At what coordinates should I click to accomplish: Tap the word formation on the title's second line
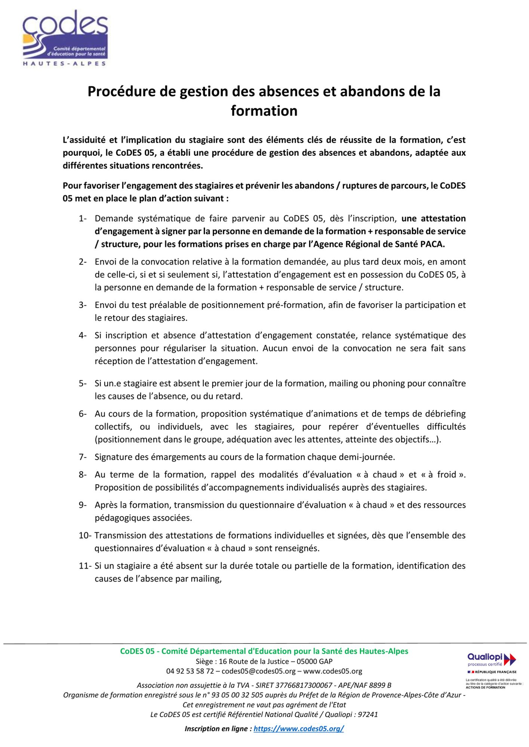click(x=264, y=111)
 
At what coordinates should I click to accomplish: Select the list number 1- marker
click(x=83, y=218)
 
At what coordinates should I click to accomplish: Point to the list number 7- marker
click(x=83, y=457)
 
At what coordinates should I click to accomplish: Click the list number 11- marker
click(x=84, y=566)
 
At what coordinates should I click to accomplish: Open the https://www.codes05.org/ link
click(x=299, y=729)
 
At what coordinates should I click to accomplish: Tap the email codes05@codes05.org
click(x=259, y=671)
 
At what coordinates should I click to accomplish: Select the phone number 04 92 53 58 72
click(x=190, y=671)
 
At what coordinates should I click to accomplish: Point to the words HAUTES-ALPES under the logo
click(x=65, y=63)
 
